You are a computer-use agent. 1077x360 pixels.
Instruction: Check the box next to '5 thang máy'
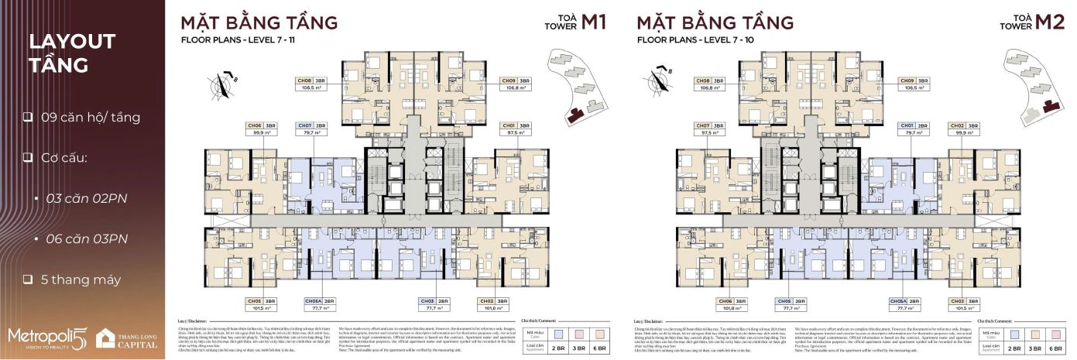(x=27, y=279)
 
